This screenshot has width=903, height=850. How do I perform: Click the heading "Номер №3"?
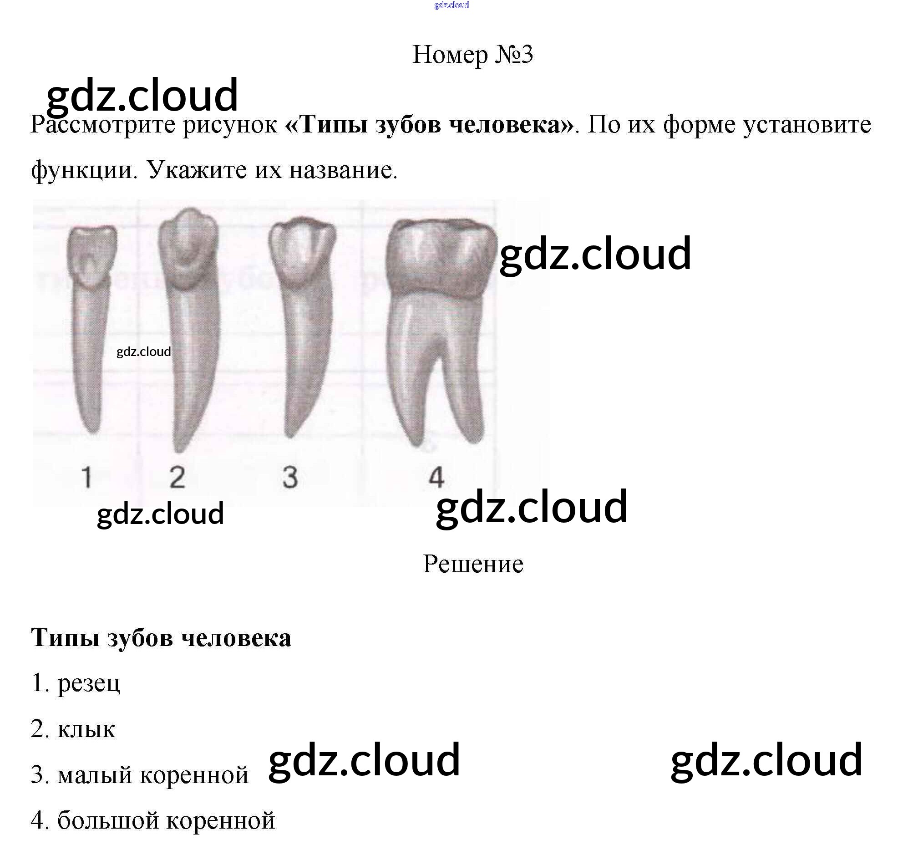click(x=472, y=55)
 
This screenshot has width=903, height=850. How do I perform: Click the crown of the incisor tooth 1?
click(x=91, y=255)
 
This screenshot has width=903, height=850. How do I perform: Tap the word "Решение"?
click(x=473, y=565)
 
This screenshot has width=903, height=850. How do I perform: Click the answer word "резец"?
click(x=89, y=683)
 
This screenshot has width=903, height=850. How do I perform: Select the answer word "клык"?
click(x=86, y=729)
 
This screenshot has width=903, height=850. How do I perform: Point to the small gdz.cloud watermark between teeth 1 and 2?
click(x=143, y=351)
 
